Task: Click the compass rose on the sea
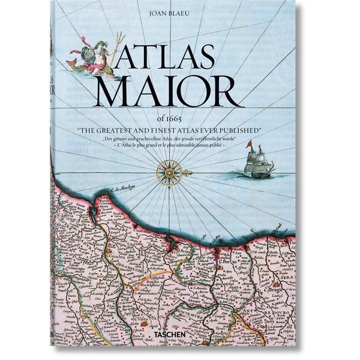169,172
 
